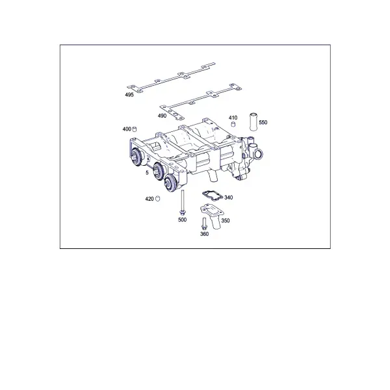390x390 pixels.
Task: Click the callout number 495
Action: tap(129, 94)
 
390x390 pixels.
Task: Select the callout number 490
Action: tap(162, 116)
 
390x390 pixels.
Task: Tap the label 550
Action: tap(263, 122)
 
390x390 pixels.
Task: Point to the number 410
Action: tap(233, 118)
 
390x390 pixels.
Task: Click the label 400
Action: tap(127, 129)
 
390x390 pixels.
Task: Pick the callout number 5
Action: tap(147, 173)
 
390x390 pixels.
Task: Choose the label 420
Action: tap(149, 199)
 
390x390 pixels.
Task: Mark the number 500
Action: tap(182, 220)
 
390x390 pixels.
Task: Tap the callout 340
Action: tap(229, 198)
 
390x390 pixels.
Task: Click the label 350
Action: tap(226, 220)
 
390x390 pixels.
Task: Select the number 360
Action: tap(205, 234)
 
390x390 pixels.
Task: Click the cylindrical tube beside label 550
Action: tap(253, 122)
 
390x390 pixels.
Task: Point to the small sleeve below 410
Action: tap(233, 124)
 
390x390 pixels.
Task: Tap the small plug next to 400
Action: tap(135, 129)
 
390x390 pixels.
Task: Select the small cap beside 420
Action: tap(157, 199)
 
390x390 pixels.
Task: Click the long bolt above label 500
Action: tap(183, 203)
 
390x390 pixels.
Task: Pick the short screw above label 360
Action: tap(205, 224)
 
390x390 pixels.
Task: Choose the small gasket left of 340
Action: tap(212, 195)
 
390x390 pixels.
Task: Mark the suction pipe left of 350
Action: tap(213, 215)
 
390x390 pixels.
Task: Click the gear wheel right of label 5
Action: tap(158, 170)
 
